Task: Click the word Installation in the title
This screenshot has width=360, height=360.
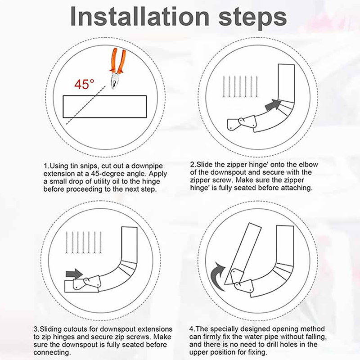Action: [x=140, y=17]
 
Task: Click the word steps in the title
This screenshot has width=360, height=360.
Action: [x=253, y=18]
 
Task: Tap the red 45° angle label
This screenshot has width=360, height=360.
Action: [x=84, y=84]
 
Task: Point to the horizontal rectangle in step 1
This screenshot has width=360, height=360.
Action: [x=105, y=107]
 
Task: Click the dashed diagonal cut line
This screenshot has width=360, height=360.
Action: [x=86, y=105]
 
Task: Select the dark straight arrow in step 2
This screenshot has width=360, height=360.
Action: [x=273, y=105]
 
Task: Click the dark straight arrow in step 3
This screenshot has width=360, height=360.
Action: [x=74, y=274]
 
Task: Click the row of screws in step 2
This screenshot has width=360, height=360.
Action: [x=240, y=86]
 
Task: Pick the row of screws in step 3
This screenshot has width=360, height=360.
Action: [x=84, y=243]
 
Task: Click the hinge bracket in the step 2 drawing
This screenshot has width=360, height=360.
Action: [x=241, y=123]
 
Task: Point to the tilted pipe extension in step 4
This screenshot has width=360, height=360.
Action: [x=243, y=254]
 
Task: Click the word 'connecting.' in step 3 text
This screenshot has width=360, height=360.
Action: [x=52, y=352]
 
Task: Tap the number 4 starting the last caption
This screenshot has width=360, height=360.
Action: [x=192, y=329]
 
